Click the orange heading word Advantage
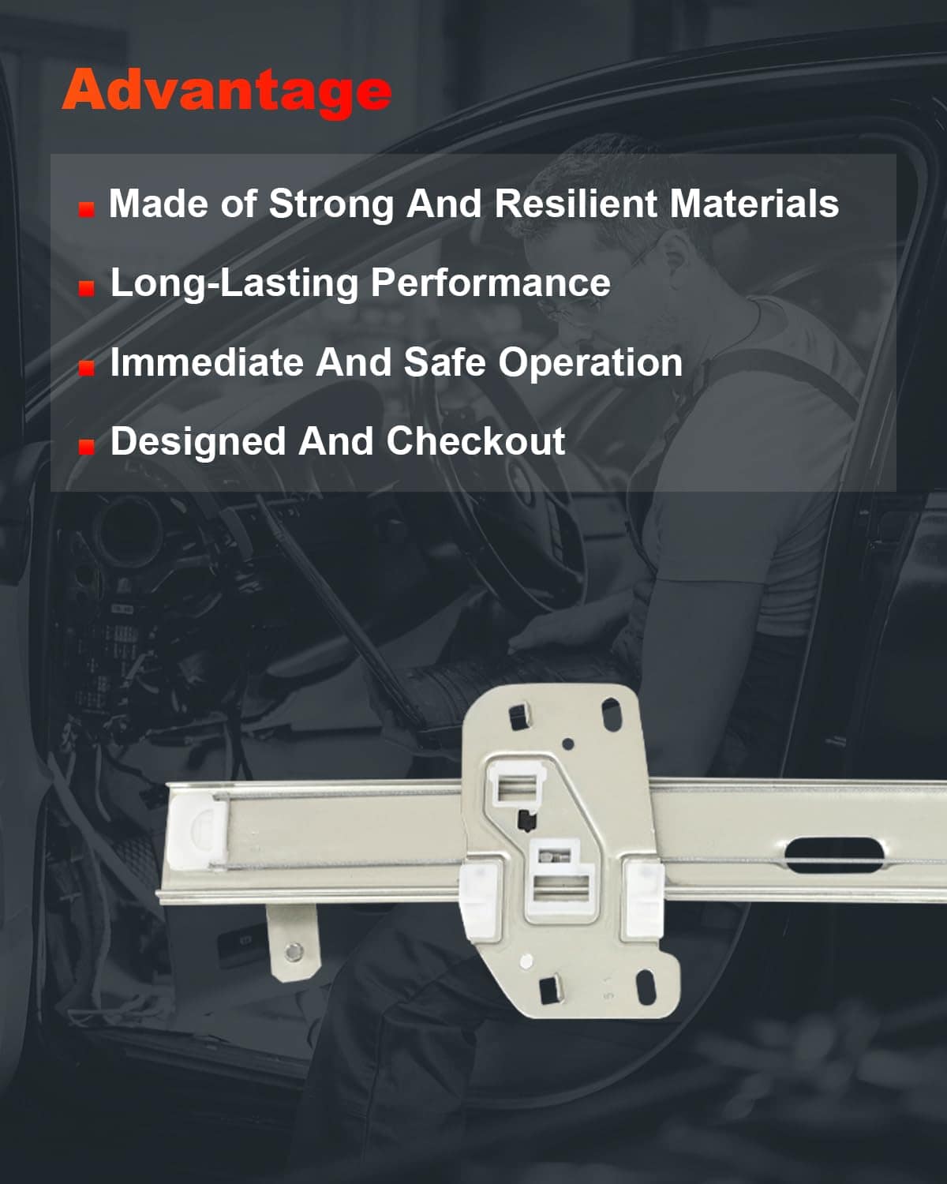click(226, 92)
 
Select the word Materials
click(754, 204)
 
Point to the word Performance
click(491, 283)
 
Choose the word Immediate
click(207, 362)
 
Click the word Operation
click(590, 364)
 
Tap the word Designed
click(198, 442)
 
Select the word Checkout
click(475, 441)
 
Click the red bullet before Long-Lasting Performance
click(86, 288)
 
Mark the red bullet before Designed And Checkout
click(86, 447)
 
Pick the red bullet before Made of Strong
click(86, 210)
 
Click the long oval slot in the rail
click(833, 855)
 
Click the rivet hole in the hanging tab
click(294, 950)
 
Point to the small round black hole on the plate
click(568, 744)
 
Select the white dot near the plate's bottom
click(526, 961)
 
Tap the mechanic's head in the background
click(622, 242)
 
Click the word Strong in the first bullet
click(331, 204)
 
